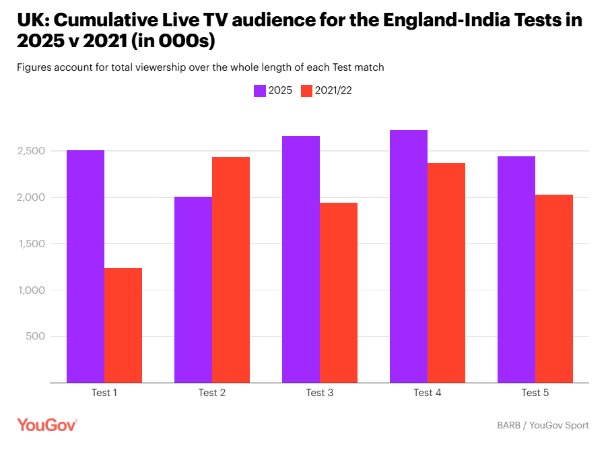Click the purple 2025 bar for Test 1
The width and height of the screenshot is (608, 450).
coord(86,266)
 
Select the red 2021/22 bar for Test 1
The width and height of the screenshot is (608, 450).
coord(123,325)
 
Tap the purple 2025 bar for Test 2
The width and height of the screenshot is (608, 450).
coord(193,290)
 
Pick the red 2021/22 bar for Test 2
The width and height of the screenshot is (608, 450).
coord(231,269)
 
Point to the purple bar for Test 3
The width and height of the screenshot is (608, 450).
coord(301,259)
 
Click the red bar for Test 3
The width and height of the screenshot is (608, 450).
coord(339,293)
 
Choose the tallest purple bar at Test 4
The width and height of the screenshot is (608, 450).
coord(409,256)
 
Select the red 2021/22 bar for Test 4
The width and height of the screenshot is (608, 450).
coord(446,273)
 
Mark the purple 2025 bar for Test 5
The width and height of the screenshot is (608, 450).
coord(516,269)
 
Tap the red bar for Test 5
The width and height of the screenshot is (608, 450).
coord(554,288)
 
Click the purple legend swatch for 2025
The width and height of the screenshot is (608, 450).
coord(259,91)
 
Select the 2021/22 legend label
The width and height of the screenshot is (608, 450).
coord(333,91)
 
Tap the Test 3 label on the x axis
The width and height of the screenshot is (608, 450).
coord(320,393)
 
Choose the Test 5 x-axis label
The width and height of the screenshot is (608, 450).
coord(535,393)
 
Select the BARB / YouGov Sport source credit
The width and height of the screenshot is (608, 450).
coord(543,425)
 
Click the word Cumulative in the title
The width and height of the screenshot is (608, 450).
coord(117,20)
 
